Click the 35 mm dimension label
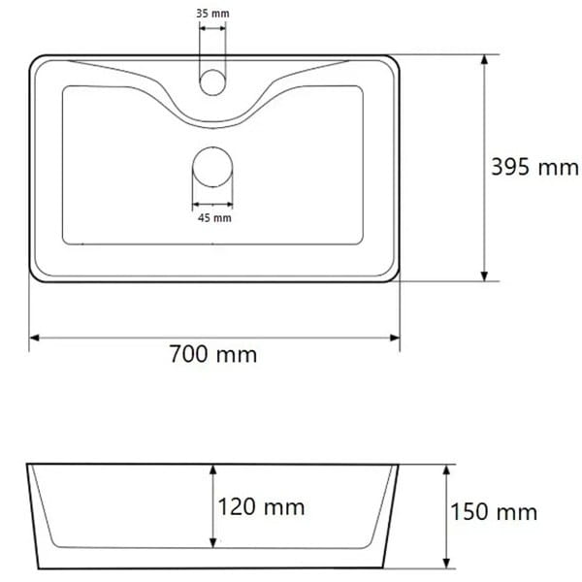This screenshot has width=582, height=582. pos(212,14)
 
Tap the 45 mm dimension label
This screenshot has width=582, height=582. pos(214,218)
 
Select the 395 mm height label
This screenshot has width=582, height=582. pos(534,167)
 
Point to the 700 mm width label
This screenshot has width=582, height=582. pos(213,354)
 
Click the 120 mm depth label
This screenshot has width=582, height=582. pos(261,506)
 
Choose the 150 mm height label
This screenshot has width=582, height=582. pos(494,512)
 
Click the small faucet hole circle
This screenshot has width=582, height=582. pos(212,82)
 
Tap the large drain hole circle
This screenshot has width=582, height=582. pos(212,167)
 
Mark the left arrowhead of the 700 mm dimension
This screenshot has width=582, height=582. pos(34,338)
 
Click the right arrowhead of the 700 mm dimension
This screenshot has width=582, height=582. pos(395,338)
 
